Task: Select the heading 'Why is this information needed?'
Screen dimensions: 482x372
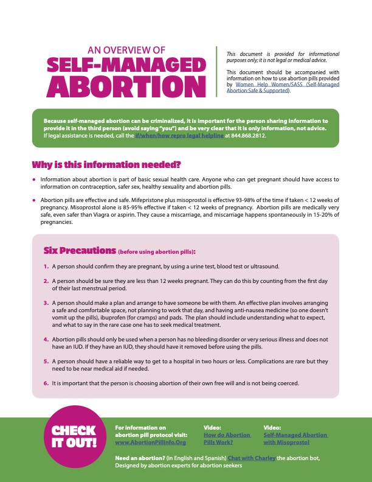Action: (106, 165)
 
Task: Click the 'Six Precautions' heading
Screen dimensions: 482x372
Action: (78, 251)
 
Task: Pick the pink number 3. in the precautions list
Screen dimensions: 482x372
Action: (46, 302)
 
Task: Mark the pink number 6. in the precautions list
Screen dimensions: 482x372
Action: (46, 383)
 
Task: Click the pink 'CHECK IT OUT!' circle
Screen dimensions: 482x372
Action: (74, 436)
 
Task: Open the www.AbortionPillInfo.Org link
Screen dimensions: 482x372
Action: (150, 442)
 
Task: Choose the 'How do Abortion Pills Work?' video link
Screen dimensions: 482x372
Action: (227, 439)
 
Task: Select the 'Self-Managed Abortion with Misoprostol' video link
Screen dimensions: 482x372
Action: (295, 439)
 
